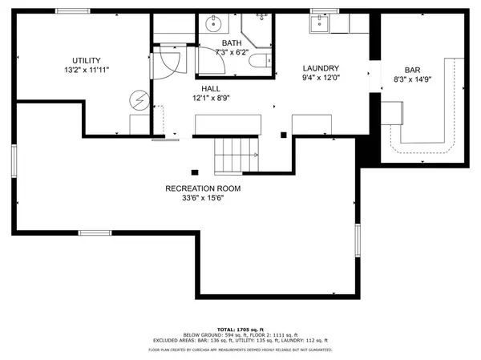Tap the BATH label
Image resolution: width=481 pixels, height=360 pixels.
point(231,43)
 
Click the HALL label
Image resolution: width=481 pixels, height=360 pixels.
point(210,88)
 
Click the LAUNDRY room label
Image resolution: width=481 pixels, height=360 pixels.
point(321,68)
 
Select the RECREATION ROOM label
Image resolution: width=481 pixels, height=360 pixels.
point(202,188)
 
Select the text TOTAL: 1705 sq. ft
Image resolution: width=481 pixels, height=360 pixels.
point(240,329)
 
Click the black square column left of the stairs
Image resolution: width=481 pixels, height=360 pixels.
point(194,171)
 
